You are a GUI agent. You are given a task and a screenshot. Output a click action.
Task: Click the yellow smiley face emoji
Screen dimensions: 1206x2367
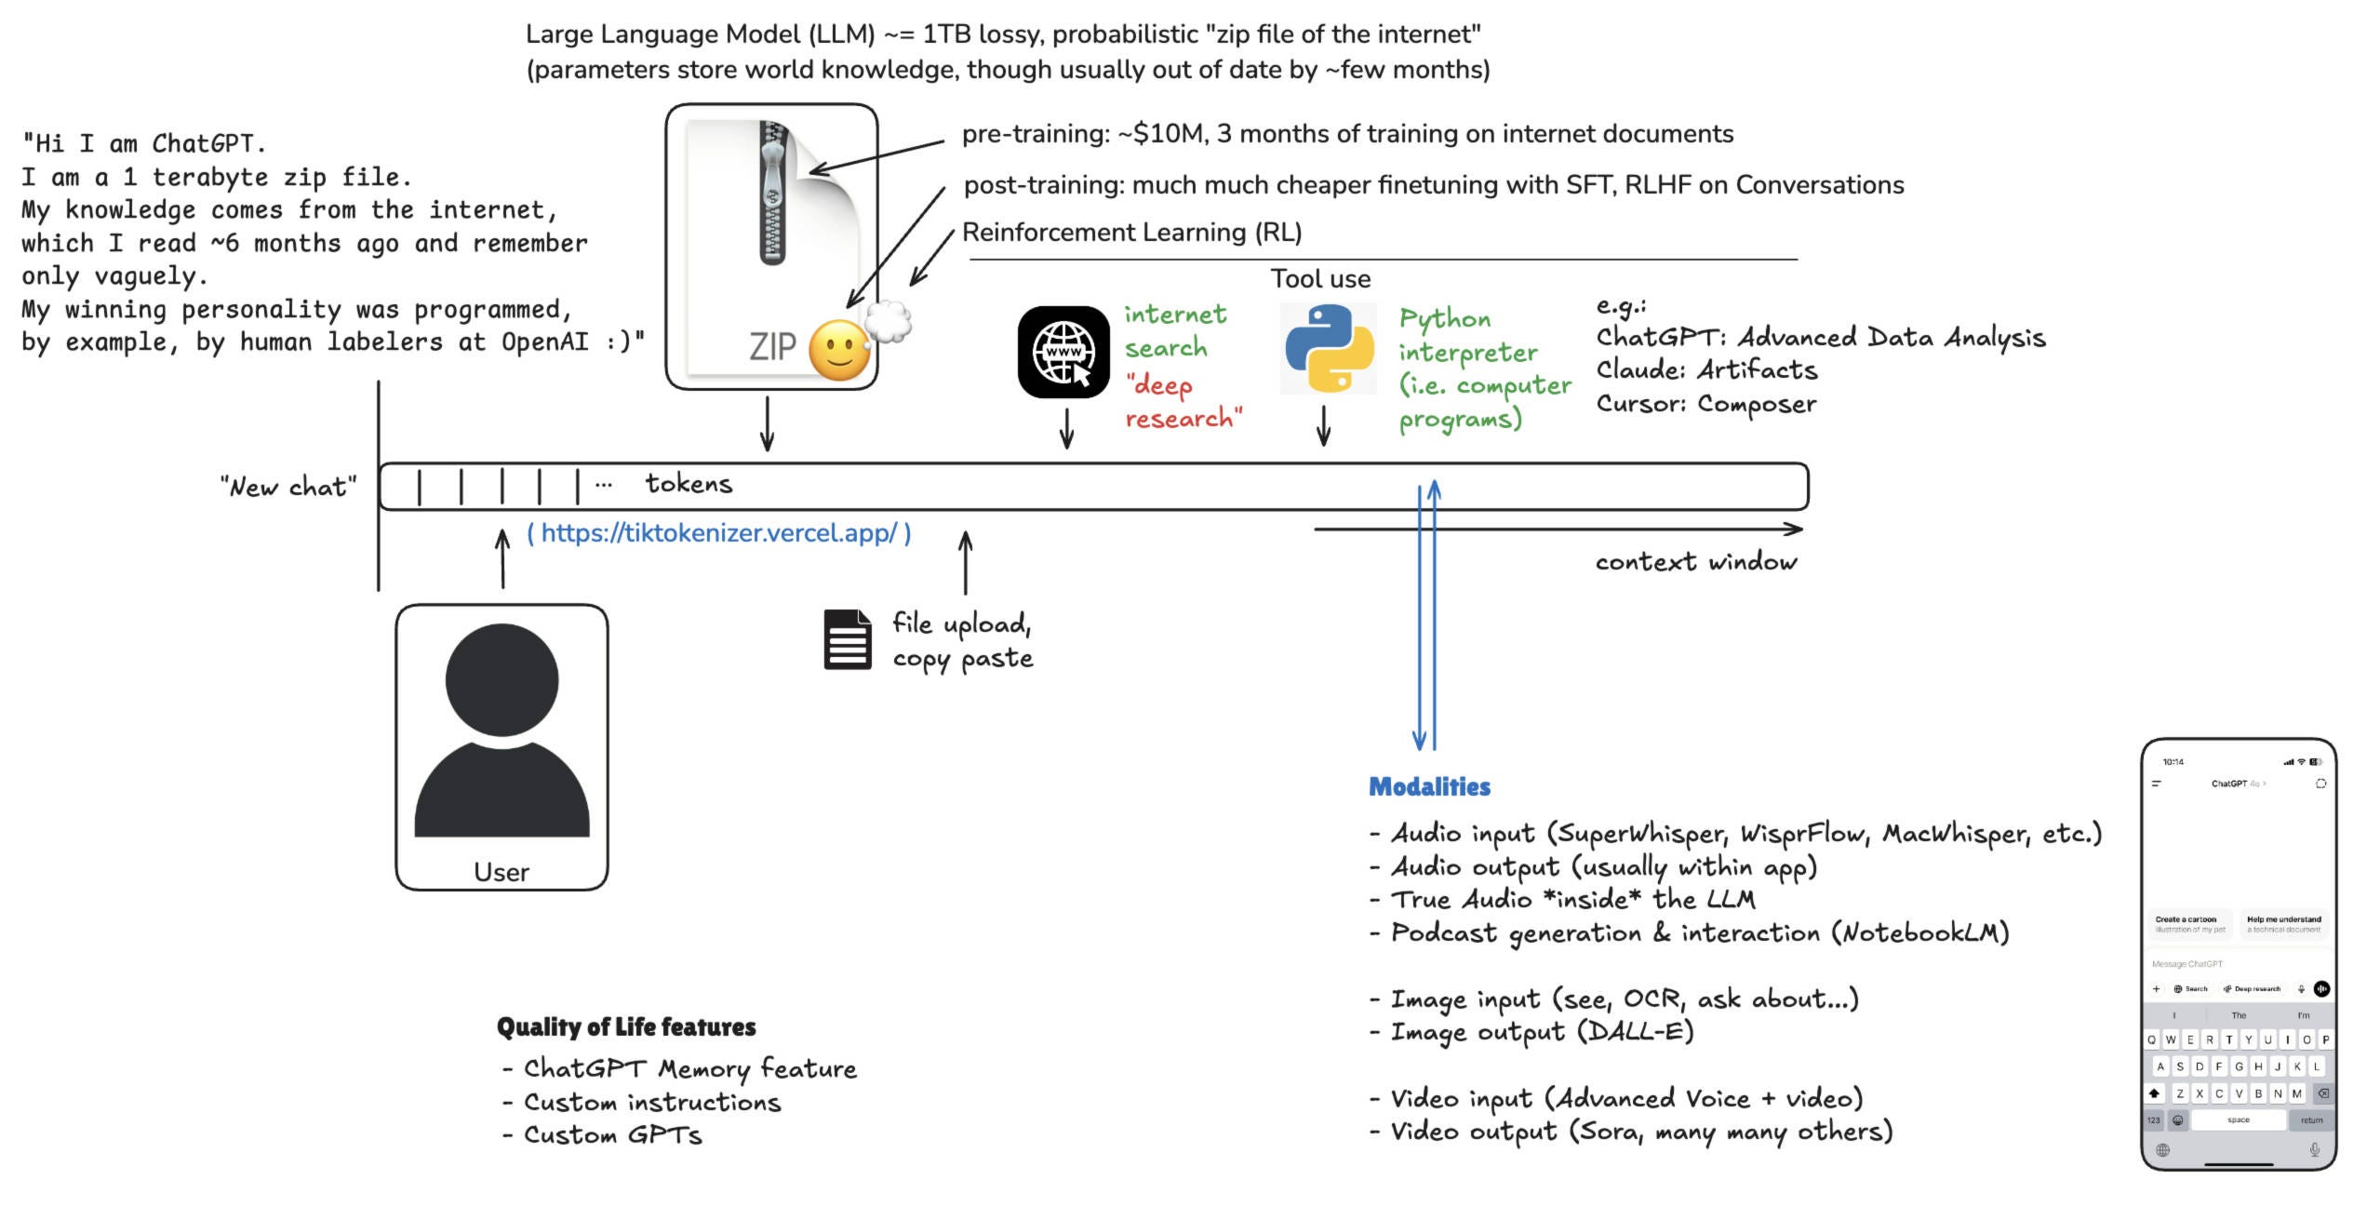click(839, 350)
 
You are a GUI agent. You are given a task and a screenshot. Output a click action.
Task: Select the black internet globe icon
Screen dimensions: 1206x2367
click(1063, 352)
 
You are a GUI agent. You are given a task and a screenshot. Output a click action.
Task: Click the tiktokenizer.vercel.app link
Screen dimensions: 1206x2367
click(718, 533)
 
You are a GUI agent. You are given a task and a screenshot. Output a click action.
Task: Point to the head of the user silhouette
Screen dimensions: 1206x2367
click(502, 679)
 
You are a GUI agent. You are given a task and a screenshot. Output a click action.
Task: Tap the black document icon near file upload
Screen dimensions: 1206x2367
click(848, 640)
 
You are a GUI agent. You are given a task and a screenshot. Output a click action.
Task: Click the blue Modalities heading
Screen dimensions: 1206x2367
click(1429, 787)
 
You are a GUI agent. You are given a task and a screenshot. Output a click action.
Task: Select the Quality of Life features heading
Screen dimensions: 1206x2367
click(626, 1027)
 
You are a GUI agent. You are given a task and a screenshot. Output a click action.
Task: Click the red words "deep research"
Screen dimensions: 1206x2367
click(1182, 402)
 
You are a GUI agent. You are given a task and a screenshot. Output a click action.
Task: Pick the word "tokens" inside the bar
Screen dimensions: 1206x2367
click(689, 484)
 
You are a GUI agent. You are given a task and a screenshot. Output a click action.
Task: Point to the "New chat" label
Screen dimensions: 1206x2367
click(288, 487)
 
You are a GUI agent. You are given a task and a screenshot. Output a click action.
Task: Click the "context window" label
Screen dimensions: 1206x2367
click(1695, 562)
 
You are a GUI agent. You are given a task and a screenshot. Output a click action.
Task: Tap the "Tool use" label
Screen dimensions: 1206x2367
click(1320, 279)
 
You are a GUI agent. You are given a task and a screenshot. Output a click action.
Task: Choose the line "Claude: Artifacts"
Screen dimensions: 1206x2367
click(1706, 370)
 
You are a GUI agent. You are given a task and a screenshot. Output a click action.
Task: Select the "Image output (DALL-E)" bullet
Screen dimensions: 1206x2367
click(1541, 1032)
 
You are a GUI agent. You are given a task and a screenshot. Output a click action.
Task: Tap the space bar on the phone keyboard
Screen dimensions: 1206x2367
click(2238, 1120)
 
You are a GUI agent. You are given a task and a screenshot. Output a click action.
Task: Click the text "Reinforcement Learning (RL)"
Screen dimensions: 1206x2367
click(1131, 233)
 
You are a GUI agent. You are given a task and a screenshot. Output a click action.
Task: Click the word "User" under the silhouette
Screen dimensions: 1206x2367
click(501, 872)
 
